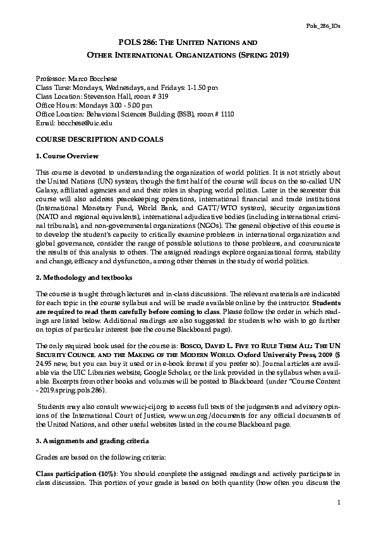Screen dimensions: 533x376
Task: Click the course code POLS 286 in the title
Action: coord(137,42)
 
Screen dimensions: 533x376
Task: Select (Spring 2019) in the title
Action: coord(260,55)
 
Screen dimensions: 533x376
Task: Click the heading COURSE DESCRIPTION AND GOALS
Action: coord(91,139)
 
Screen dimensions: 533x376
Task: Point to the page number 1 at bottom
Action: coord(339,502)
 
